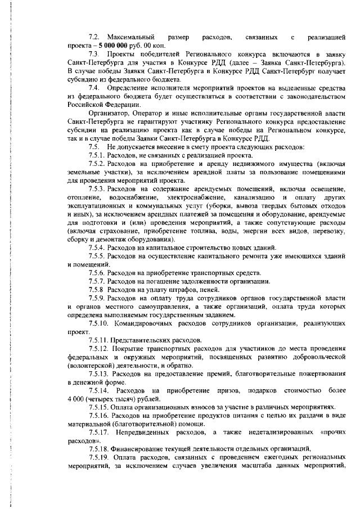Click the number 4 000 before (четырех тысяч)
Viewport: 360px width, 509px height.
pyautogui.click(x=75, y=398)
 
